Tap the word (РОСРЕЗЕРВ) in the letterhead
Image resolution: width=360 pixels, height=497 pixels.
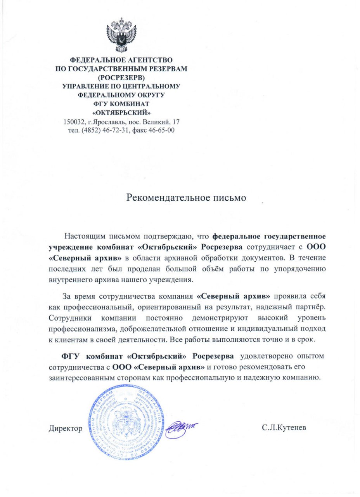click(x=121, y=78)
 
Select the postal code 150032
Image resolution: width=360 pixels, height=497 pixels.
click(x=75, y=122)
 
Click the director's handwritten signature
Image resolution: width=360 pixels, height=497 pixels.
click(x=180, y=427)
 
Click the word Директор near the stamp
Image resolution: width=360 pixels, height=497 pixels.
click(x=66, y=429)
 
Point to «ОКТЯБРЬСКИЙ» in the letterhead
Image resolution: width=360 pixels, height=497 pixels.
click(x=121, y=113)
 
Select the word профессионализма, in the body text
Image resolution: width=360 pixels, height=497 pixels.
click(x=82, y=329)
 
